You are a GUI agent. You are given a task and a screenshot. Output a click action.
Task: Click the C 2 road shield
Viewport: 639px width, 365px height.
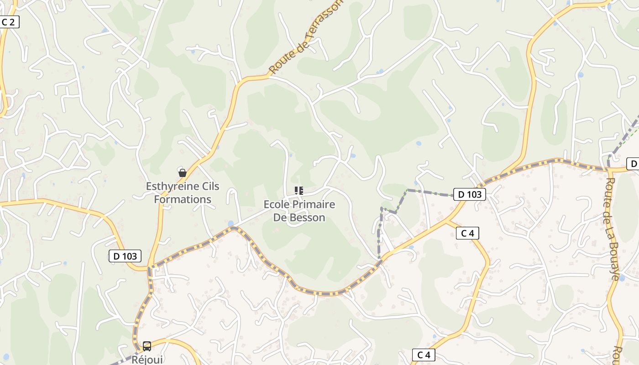(x=9, y=22)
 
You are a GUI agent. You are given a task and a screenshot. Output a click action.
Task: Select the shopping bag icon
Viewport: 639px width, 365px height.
(x=183, y=173)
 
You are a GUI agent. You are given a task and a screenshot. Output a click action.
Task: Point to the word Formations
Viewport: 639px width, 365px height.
(x=183, y=199)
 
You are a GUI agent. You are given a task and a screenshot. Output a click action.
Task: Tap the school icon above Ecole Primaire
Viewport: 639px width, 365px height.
(x=299, y=190)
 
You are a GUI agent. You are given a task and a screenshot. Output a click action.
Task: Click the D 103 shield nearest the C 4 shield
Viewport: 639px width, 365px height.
(x=470, y=194)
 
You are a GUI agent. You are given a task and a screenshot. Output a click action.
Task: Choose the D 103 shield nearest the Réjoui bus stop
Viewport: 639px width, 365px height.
(x=125, y=256)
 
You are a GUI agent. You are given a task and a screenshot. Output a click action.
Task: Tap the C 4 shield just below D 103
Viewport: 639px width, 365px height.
(x=467, y=234)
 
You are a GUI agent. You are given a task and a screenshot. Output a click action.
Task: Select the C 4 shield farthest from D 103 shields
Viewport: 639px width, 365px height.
(x=424, y=355)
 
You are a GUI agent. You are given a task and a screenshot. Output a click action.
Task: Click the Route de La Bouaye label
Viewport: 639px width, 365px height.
(x=613, y=228)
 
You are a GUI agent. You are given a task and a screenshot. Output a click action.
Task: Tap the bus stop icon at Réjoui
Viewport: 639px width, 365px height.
(x=147, y=346)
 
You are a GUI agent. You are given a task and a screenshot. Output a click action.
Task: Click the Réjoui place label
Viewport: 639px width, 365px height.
(x=147, y=359)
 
